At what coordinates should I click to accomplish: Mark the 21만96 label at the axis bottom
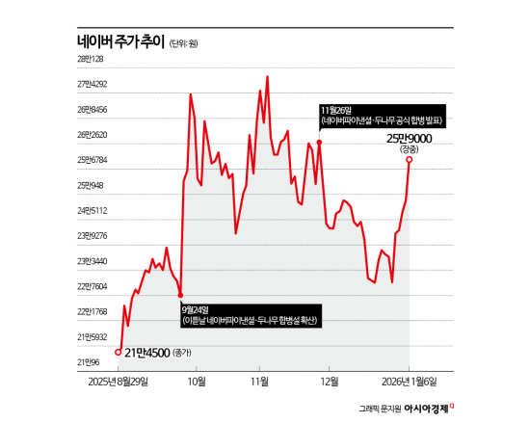(x=90, y=362)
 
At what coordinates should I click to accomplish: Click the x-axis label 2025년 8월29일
(x=119, y=382)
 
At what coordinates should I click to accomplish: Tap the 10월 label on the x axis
(x=197, y=382)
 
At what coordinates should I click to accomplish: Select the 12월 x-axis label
(x=330, y=382)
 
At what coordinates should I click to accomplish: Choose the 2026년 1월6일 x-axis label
(x=409, y=382)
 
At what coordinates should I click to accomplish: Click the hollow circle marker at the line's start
(x=119, y=352)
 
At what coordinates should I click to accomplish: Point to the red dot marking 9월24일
(x=181, y=294)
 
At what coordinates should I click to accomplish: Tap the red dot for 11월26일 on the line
(x=319, y=143)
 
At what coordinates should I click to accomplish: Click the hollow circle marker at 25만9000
(x=410, y=160)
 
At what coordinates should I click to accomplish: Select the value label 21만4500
(x=149, y=353)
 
